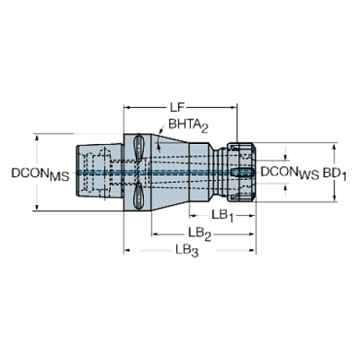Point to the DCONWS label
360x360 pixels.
click(x=290, y=173)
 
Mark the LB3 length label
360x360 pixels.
click(x=186, y=251)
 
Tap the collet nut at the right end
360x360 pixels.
click(x=241, y=172)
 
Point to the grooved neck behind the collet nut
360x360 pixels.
click(x=220, y=172)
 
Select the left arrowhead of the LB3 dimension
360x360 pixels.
click(x=126, y=251)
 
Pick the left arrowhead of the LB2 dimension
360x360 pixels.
click(x=154, y=233)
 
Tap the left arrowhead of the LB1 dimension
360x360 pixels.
click(x=190, y=215)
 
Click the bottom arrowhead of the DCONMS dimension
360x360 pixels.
click(x=33, y=208)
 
